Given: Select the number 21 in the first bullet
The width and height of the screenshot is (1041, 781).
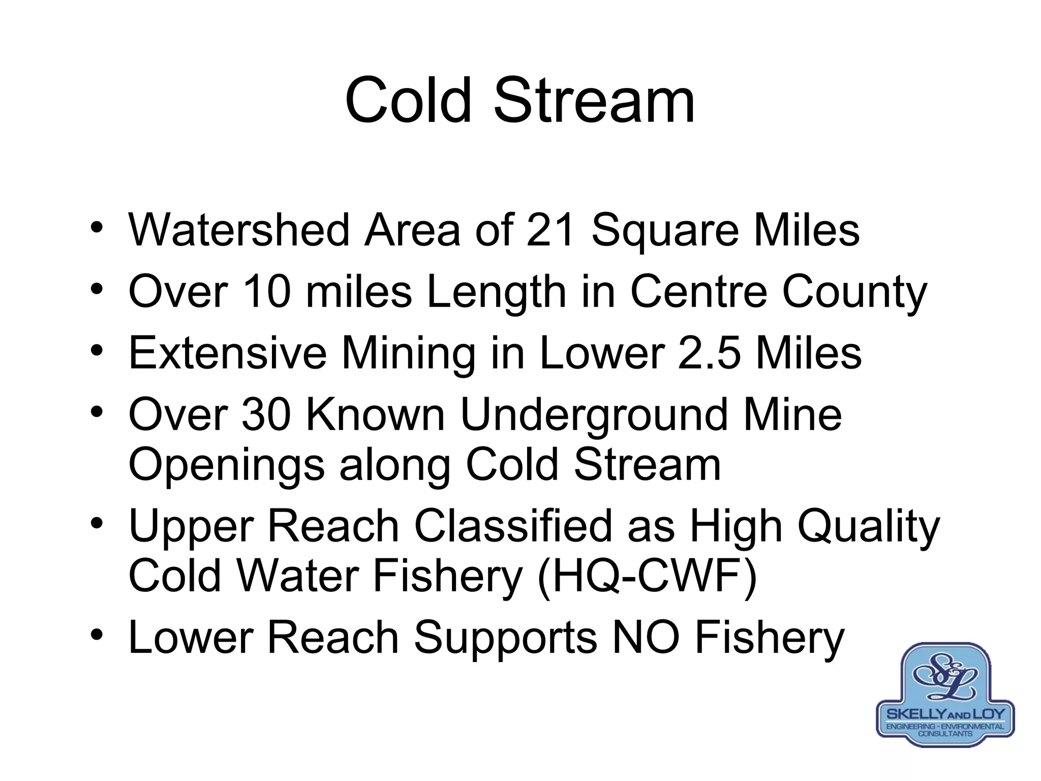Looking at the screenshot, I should [x=550, y=230].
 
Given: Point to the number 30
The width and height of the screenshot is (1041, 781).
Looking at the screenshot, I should [x=266, y=414].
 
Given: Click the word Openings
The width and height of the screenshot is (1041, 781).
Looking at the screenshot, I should [x=226, y=466].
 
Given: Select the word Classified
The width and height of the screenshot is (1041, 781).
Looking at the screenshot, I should [x=513, y=526].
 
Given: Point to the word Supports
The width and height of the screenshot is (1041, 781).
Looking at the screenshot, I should [x=506, y=639].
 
